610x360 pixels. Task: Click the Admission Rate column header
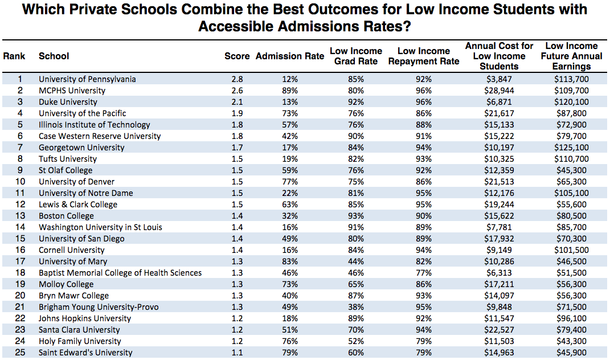coord(290,56)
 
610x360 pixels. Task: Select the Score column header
coord(237,56)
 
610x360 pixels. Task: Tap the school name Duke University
coord(68,102)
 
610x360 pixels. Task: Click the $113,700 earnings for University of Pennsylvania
coord(571,79)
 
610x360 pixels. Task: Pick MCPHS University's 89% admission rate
coord(290,91)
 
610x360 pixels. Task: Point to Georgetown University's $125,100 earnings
coord(571,148)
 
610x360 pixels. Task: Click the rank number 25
coord(20,353)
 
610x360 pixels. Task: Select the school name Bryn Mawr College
coord(73,296)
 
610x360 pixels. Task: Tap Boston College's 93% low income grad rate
coord(356,216)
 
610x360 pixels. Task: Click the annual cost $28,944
coord(499,91)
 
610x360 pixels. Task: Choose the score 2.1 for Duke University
coord(237,102)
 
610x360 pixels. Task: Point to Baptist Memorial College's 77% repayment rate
coord(424,273)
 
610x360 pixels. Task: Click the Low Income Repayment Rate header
coord(424,56)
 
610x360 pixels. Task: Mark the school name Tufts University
coord(68,159)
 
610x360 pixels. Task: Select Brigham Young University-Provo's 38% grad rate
coord(356,307)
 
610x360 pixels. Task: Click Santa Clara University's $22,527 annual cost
coord(499,330)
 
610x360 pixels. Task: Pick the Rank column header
coord(14,56)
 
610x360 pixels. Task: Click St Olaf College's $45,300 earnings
coord(571,170)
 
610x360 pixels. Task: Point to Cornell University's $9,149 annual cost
coord(499,250)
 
